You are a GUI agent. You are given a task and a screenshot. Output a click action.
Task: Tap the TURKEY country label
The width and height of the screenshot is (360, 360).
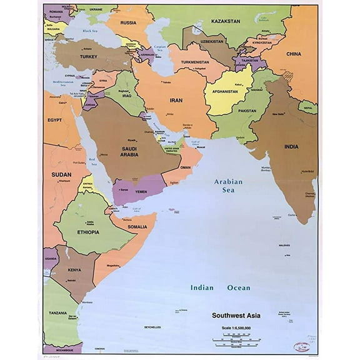(x=88, y=56)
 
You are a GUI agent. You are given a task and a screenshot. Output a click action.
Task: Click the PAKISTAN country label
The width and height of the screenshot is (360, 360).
(x=247, y=111)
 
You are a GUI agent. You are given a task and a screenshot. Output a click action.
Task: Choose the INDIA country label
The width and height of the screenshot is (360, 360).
(x=291, y=147)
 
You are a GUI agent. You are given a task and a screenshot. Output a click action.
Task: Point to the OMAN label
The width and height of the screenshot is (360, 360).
(x=185, y=167)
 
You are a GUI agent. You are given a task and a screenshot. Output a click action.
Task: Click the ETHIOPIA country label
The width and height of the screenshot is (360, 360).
(x=88, y=232)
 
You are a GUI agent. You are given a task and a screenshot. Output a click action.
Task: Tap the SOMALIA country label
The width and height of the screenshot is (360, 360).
(x=137, y=226)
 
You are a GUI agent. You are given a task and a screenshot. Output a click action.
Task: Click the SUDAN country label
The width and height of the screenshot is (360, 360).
(x=61, y=174)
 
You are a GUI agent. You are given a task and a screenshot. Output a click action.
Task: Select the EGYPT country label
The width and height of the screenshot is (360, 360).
(x=55, y=118)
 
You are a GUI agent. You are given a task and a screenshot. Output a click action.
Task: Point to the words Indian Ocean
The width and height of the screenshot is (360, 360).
(x=220, y=287)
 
